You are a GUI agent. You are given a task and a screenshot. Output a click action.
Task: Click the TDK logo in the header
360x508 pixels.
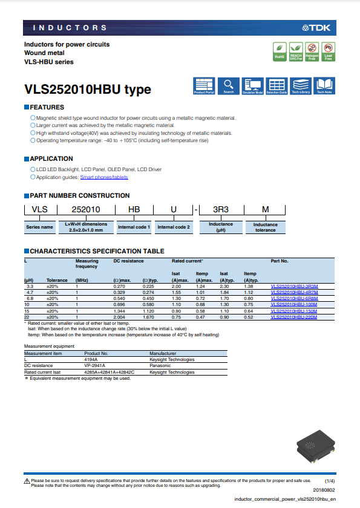(318, 28)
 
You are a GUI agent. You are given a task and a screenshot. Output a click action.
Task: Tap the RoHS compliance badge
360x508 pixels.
(280, 52)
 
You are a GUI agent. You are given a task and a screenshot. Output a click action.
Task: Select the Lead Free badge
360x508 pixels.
(328, 52)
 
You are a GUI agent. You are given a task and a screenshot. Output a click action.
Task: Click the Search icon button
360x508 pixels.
(228, 86)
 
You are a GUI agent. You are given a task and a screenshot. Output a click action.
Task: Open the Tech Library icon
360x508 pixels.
(301, 86)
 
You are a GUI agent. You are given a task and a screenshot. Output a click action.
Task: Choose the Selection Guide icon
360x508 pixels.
(277, 86)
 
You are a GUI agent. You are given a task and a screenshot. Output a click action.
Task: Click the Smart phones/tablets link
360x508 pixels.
(104, 177)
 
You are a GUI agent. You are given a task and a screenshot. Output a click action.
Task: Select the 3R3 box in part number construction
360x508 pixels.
(221, 209)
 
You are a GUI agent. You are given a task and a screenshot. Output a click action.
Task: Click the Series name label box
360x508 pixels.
(39, 227)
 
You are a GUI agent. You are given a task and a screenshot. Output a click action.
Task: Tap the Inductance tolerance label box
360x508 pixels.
(265, 227)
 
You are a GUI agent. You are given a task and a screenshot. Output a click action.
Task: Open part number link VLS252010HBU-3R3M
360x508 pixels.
(294, 285)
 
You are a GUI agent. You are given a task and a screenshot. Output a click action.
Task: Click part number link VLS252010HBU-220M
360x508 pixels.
(294, 317)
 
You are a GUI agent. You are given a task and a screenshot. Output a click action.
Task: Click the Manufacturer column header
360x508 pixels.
(163, 353)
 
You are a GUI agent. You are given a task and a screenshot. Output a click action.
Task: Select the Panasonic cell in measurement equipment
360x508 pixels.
(160, 366)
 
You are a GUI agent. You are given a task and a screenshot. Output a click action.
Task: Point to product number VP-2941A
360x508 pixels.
(95, 366)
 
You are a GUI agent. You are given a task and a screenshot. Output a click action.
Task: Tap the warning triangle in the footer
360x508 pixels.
(27, 481)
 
